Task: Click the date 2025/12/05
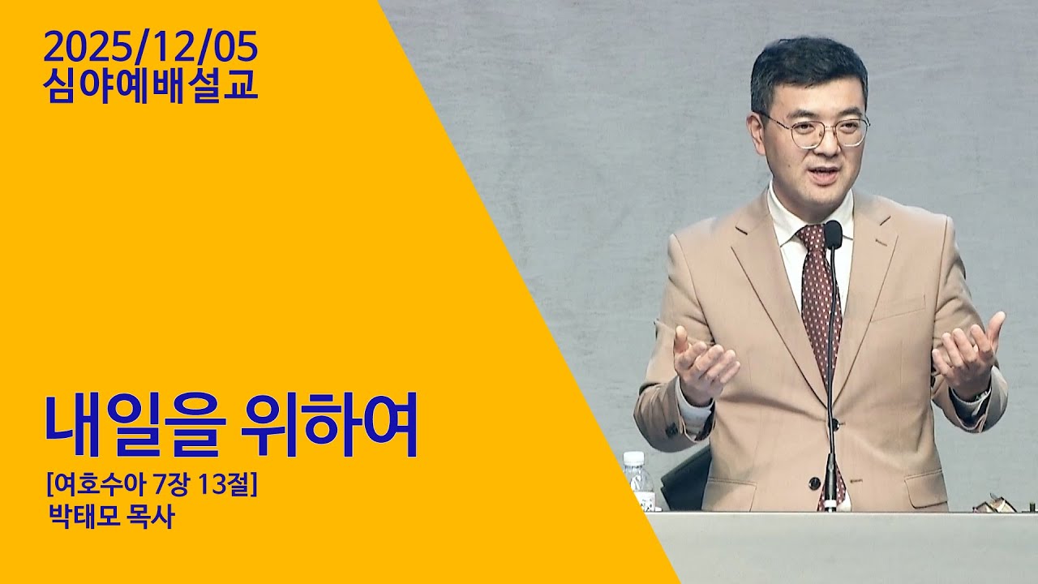click(x=151, y=48)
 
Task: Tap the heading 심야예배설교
click(x=151, y=86)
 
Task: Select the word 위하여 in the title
click(x=329, y=426)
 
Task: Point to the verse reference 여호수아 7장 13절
click(x=151, y=487)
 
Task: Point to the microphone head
click(x=833, y=234)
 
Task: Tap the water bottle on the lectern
click(x=638, y=481)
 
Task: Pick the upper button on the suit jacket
click(x=834, y=423)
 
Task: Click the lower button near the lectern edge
click(x=814, y=483)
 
